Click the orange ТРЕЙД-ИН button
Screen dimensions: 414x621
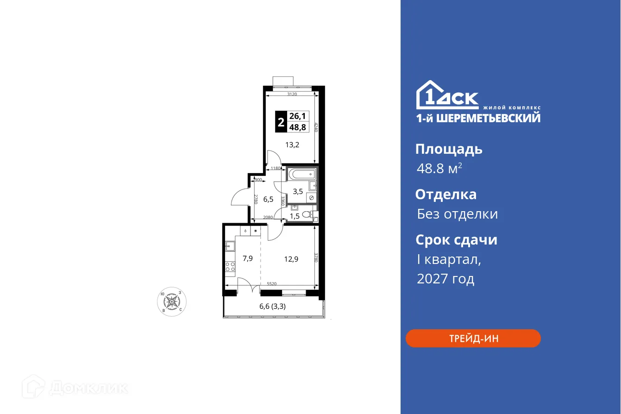click(x=473, y=339)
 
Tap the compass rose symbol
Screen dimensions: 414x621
click(x=172, y=301)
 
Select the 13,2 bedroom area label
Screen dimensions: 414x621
click(x=292, y=144)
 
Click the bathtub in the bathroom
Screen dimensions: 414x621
click(x=301, y=175)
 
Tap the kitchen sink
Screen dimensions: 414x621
click(x=230, y=246)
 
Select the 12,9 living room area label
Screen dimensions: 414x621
click(x=291, y=259)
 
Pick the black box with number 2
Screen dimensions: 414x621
click(x=280, y=123)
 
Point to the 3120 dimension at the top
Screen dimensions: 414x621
click(x=292, y=94)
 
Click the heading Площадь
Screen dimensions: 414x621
click(x=449, y=149)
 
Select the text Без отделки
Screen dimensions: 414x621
click(x=457, y=214)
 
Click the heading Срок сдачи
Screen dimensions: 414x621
click(x=456, y=240)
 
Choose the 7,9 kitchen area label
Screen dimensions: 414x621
click(x=247, y=258)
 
